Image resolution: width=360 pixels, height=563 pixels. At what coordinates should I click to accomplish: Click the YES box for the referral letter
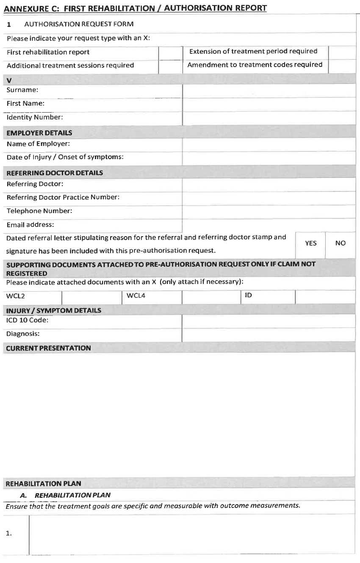pyautogui.click(x=310, y=243)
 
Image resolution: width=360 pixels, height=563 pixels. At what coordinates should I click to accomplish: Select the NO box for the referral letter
pyautogui.click(x=340, y=243)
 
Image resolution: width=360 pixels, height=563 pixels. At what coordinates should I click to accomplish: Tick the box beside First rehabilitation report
pyautogui.click(x=170, y=52)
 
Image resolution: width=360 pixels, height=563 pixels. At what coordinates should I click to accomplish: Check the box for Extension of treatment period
pyautogui.click(x=341, y=52)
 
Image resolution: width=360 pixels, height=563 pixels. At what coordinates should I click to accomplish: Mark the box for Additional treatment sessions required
pyautogui.click(x=170, y=66)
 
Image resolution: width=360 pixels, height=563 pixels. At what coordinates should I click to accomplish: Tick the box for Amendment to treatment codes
pyautogui.click(x=341, y=66)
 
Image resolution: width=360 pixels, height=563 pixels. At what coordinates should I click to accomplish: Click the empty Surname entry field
pyautogui.click(x=269, y=91)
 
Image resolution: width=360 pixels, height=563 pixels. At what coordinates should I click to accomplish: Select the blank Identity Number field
pyautogui.click(x=269, y=118)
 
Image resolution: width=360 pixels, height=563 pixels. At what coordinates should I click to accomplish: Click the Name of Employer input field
pyautogui.click(x=269, y=144)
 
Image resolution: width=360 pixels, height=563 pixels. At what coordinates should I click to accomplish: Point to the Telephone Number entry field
pyautogui.click(x=269, y=211)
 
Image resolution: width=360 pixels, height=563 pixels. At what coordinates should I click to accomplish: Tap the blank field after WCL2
pyautogui.click(x=92, y=297)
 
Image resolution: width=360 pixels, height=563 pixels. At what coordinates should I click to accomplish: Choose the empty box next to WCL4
pyautogui.click(x=211, y=297)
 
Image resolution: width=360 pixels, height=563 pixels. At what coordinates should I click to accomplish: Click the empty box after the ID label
pyautogui.click(x=325, y=297)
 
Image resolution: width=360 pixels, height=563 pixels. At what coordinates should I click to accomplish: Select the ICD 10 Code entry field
pyautogui.click(x=269, y=321)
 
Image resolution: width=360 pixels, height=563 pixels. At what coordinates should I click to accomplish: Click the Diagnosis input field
pyautogui.click(x=269, y=334)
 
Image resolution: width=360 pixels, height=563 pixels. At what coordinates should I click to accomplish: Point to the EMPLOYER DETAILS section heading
pyautogui.click(x=39, y=133)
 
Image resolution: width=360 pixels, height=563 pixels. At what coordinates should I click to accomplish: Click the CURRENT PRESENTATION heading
pyautogui.click(x=48, y=348)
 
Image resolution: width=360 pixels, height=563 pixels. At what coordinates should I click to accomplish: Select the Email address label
pyautogui.click(x=30, y=225)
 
